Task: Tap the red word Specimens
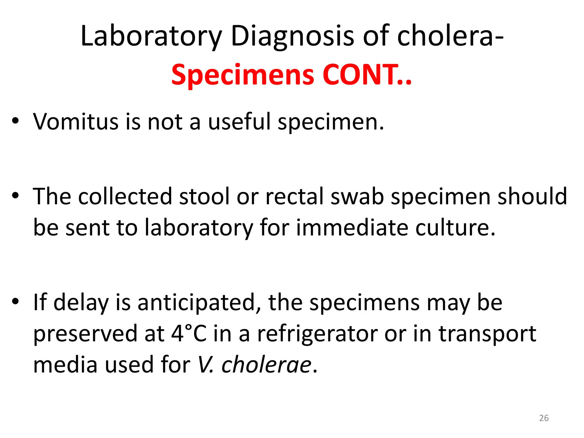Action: tap(243, 75)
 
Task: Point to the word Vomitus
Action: tap(76, 122)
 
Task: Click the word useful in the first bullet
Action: tap(239, 122)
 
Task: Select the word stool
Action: tap(204, 196)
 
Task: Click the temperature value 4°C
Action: tap(189, 334)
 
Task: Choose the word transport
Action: tap(487, 334)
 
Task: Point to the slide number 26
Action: tap(544, 418)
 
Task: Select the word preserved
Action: tap(85, 334)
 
